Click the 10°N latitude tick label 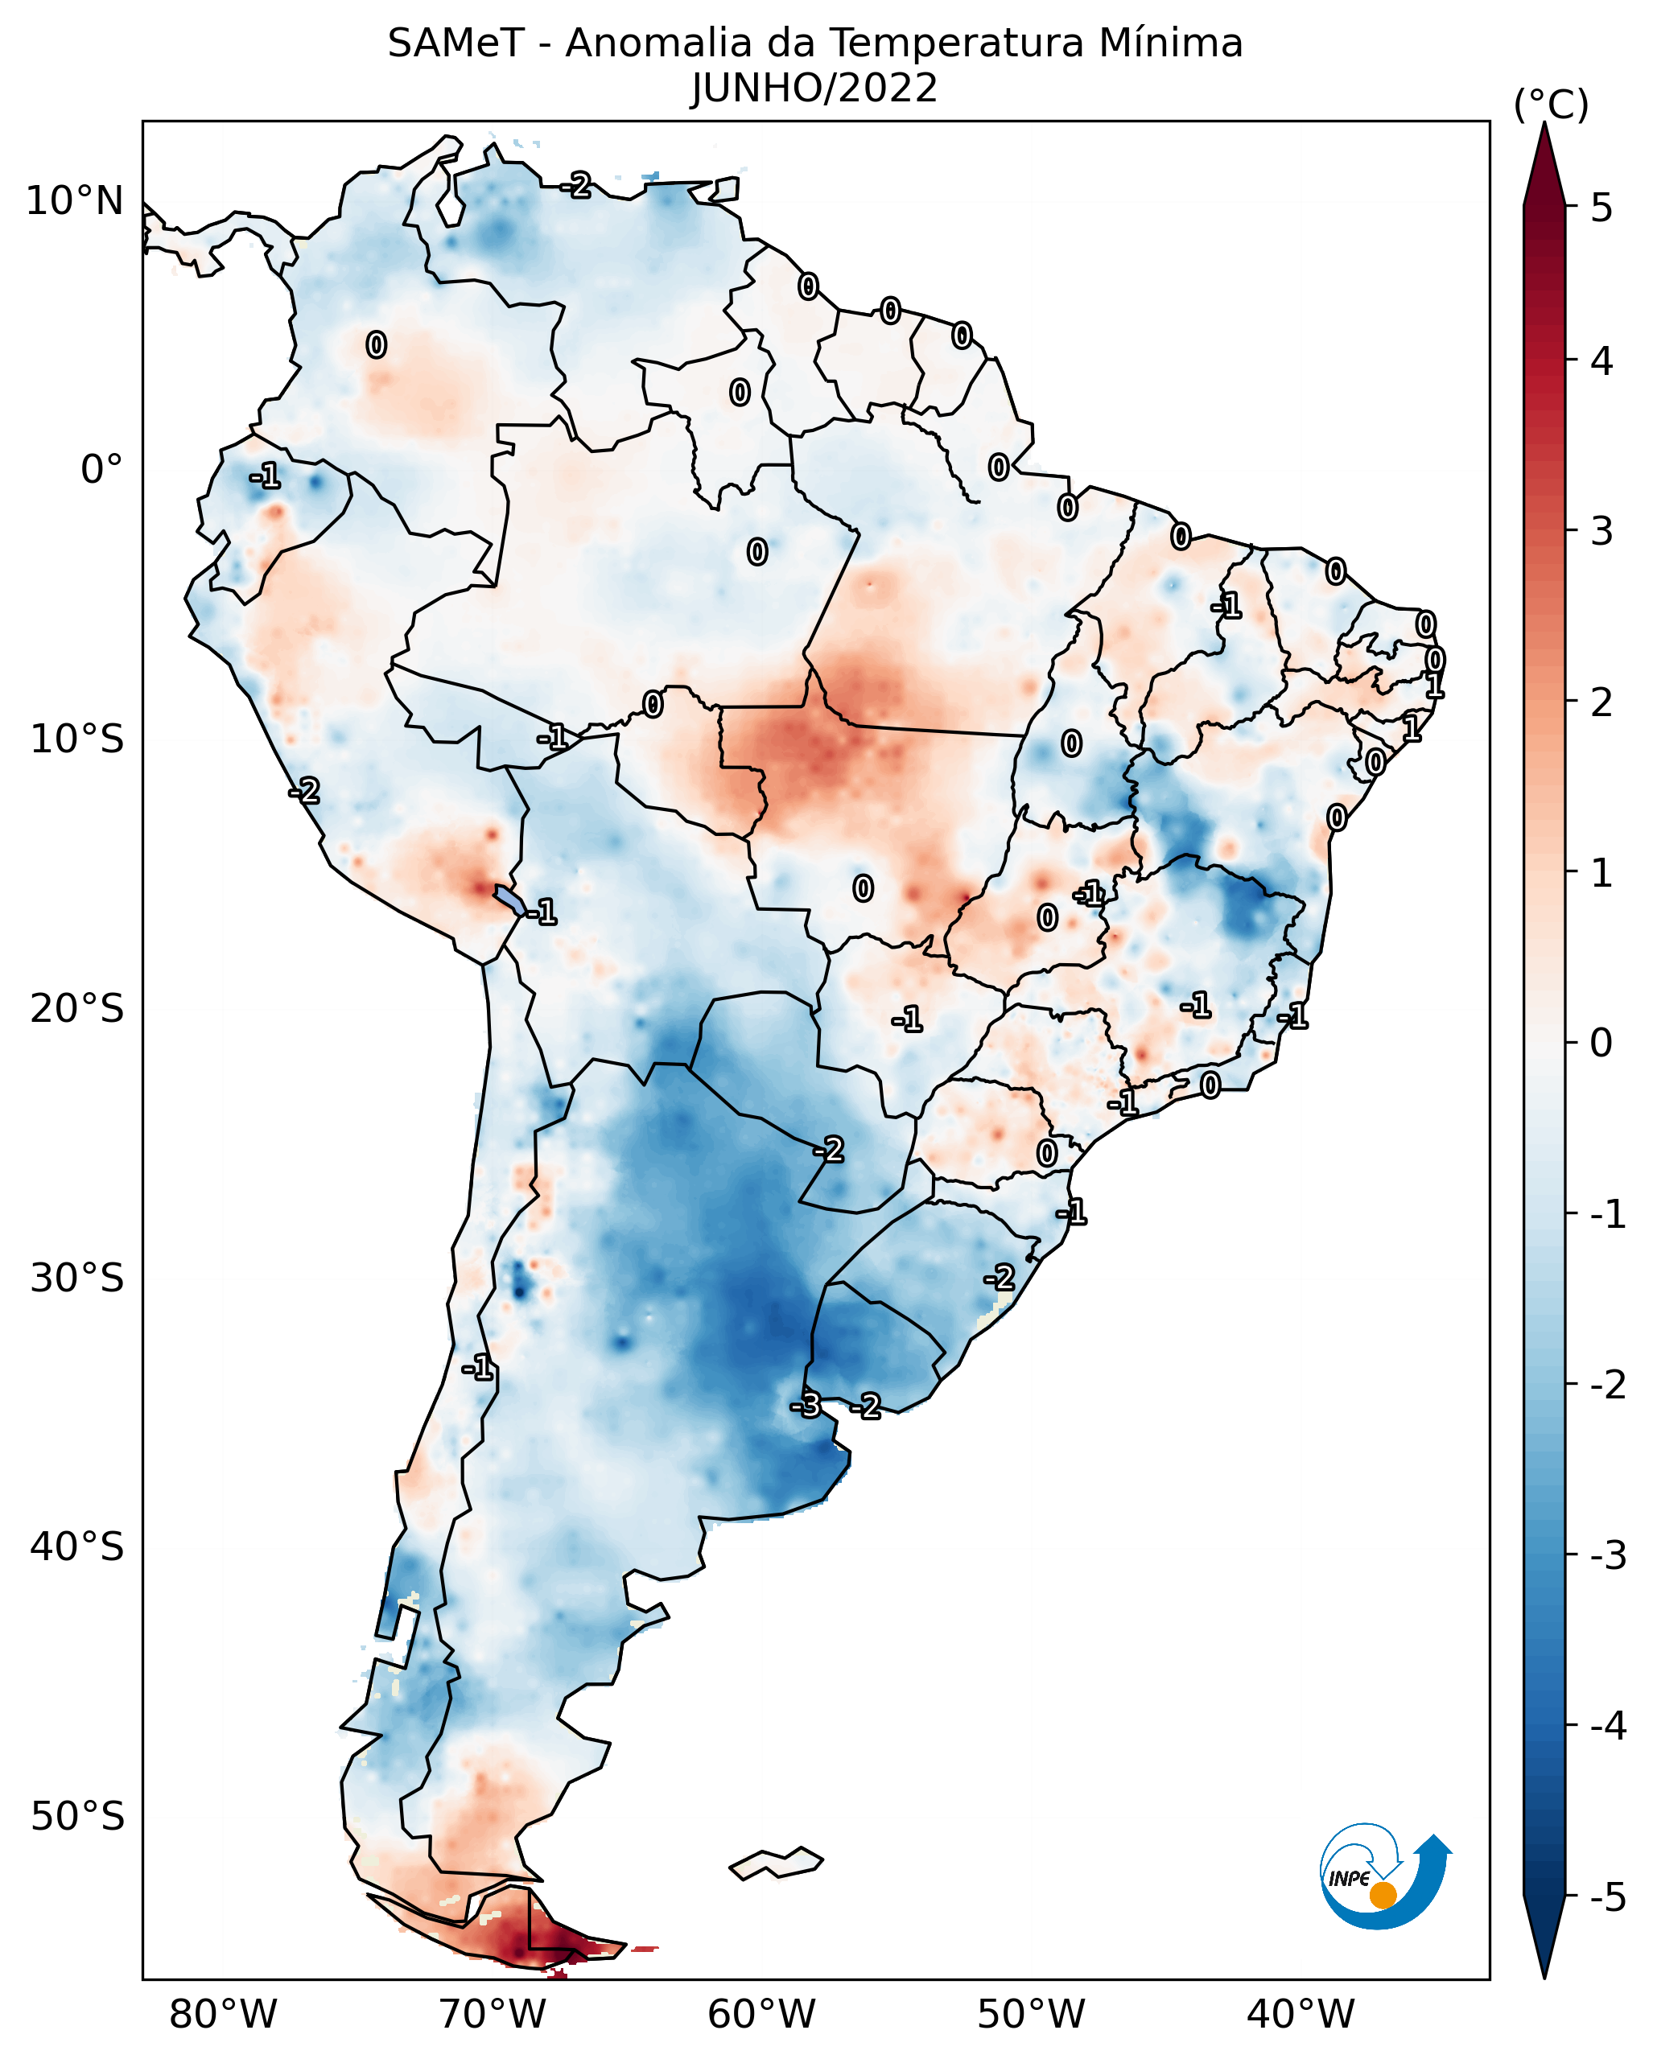pyautogui.click(x=75, y=201)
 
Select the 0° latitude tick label pyautogui.click(x=101, y=470)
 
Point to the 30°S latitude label pyautogui.click(x=76, y=1278)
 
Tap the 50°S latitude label pyautogui.click(x=76, y=1817)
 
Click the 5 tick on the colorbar pyautogui.click(x=1601, y=208)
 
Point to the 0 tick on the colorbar pyautogui.click(x=1601, y=1042)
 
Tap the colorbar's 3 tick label pyautogui.click(x=1601, y=531)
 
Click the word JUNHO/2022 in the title pyautogui.click(x=814, y=89)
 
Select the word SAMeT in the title pyautogui.click(x=456, y=44)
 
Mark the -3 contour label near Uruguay pyautogui.click(x=805, y=1405)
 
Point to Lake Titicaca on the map pyautogui.click(x=509, y=899)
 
